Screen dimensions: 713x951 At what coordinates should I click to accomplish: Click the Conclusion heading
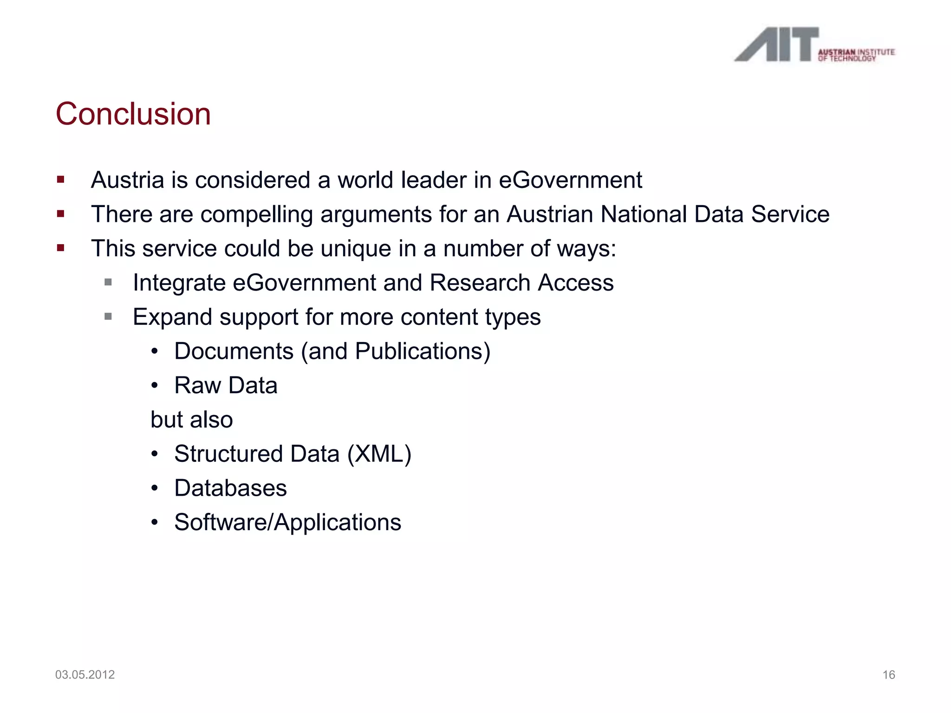pyautogui.click(x=133, y=114)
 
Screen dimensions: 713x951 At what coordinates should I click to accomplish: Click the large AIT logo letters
pyautogui.click(x=776, y=45)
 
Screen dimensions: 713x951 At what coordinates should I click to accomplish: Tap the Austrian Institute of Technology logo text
pyautogui.click(x=856, y=55)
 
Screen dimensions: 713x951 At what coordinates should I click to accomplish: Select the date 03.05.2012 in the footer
pyautogui.click(x=85, y=674)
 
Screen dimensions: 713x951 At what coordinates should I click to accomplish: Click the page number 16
pyautogui.click(x=888, y=675)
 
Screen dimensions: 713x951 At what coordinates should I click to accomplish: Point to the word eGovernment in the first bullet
pyautogui.click(x=570, y=180)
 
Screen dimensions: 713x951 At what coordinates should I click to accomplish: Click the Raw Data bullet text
pyautogui.click(x=226, y=385)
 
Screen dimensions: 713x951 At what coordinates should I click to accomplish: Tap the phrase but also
pyautogui.click(x=191, y=420)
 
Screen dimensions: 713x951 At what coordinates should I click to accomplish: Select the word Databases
pyautogui.click(x=230, y=488)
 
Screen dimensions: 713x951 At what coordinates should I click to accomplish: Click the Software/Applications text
pyautogui.click(x=287, y=522)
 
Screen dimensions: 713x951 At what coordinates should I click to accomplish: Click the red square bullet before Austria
pyautogui.click(x=61, y=180)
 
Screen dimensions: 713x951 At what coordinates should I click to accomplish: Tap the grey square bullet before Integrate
pyautogui.click(x=108, y=282)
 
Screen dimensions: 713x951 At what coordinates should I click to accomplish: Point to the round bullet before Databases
pyautogui.click(x=155, y=488)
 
